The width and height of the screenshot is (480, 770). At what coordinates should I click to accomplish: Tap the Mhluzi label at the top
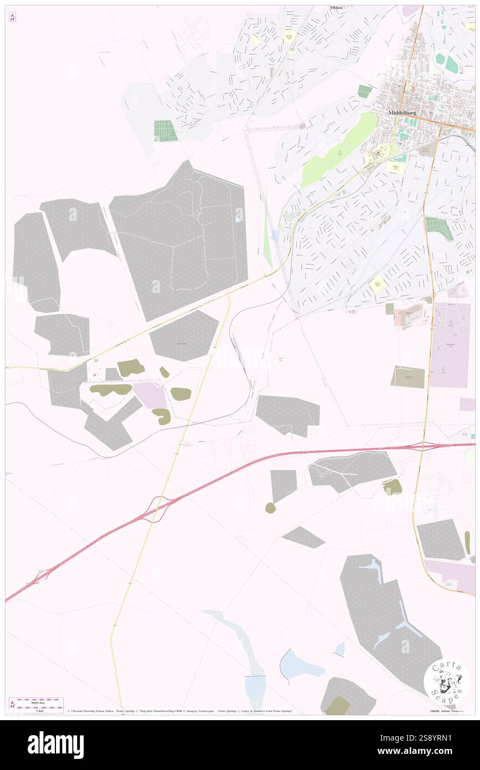(336, 8)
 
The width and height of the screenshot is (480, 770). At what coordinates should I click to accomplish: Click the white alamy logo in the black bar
(55, 745)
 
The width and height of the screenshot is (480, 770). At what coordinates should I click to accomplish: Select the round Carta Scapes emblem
(446, 681)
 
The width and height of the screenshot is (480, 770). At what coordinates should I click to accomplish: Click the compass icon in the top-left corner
(12, 17)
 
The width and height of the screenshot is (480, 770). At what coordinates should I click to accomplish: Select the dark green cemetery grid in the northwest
(165, 131)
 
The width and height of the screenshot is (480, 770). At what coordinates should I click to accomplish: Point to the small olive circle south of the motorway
(270, 507)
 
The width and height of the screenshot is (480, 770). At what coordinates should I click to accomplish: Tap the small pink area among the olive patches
(150, 396)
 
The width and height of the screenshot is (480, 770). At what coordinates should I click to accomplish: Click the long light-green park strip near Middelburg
(338, 150)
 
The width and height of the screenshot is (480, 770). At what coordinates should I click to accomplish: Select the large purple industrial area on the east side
(450, 345)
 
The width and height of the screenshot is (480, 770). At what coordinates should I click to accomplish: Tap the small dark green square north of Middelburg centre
(364, 91)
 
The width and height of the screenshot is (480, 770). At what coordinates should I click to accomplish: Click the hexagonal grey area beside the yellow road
(184, 336)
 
